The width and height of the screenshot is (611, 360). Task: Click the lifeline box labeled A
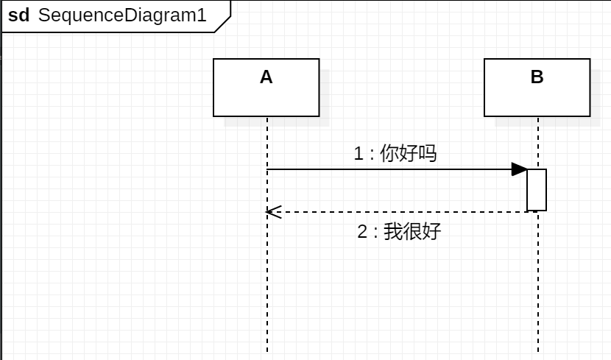(x=266, y=96)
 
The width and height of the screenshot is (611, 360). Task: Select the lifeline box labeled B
(x=537, y=96)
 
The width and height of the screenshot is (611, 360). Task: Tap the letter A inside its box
(x=266, y=77)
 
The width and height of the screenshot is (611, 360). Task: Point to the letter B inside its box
(x=537, y=77)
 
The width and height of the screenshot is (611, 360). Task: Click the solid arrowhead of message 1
(x=520, y=169)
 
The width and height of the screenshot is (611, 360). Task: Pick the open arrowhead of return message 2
(x=272, y=212)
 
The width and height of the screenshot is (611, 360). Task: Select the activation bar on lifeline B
(x=537, y=190)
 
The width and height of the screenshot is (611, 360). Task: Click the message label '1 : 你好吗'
(x=395, y=153)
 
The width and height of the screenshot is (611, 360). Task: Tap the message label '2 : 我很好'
(x=399, y=231)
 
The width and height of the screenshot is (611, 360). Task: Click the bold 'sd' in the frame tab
(x=18, y=15)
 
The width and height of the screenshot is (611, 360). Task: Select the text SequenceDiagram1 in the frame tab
(x=122, y=15)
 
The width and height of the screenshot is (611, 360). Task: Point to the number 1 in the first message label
(x=359, y=153)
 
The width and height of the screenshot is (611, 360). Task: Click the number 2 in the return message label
(x=362, y=231)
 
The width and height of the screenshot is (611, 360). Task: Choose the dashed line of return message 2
(x=398, y=212)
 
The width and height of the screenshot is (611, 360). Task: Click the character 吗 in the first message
(x=428, y=153)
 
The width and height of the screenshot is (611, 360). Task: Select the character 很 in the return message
(x=412, y=231)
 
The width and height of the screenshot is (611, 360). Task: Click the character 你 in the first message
(x=389, y=153)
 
